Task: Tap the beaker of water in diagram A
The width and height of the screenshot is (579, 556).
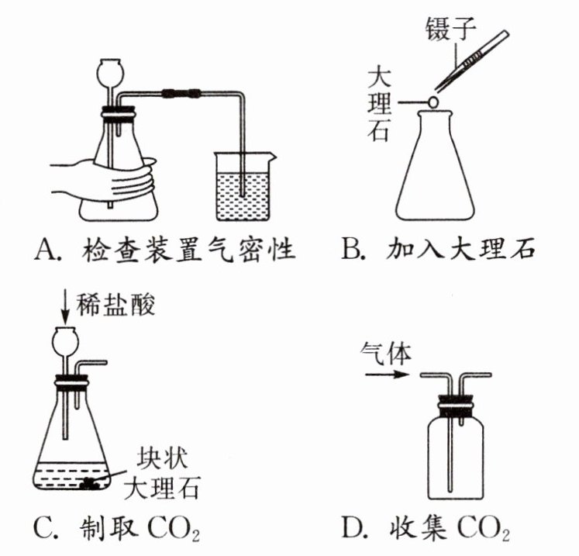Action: [x=243, y=187]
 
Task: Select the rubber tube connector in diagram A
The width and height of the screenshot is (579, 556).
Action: [x=181, y=94]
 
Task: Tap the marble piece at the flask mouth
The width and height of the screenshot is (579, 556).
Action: [x=433, y=102]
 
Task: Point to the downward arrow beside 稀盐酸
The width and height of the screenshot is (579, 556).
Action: [x=65, y=306]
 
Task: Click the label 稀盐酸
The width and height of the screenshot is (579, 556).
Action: [x=115, y=306]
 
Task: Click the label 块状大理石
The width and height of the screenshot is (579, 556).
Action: [x=163, y=474]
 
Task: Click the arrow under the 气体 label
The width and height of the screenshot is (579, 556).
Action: [x=388, y=375]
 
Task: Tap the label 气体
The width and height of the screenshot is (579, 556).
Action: [x=386, y=353]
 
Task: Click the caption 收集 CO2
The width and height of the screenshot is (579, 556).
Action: [x=450, y=528]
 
